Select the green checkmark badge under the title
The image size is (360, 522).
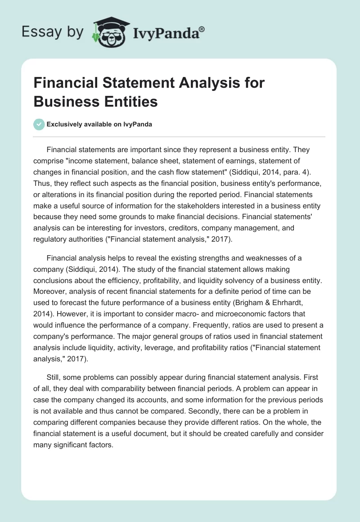(39, 124)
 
